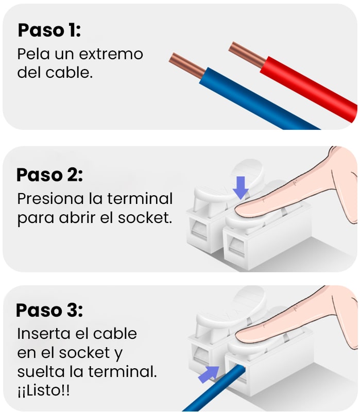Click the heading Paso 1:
coord(49,30)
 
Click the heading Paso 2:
coord(49,175)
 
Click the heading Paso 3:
coord(49,311)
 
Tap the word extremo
coord(111,54)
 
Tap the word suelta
coord(41,371)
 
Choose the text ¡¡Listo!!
coord(44,391)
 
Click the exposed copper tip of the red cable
coord(247,55)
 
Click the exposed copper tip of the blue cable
coord(187,65)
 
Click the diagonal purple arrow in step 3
coord(209,374)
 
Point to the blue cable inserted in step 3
coord(214,388)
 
